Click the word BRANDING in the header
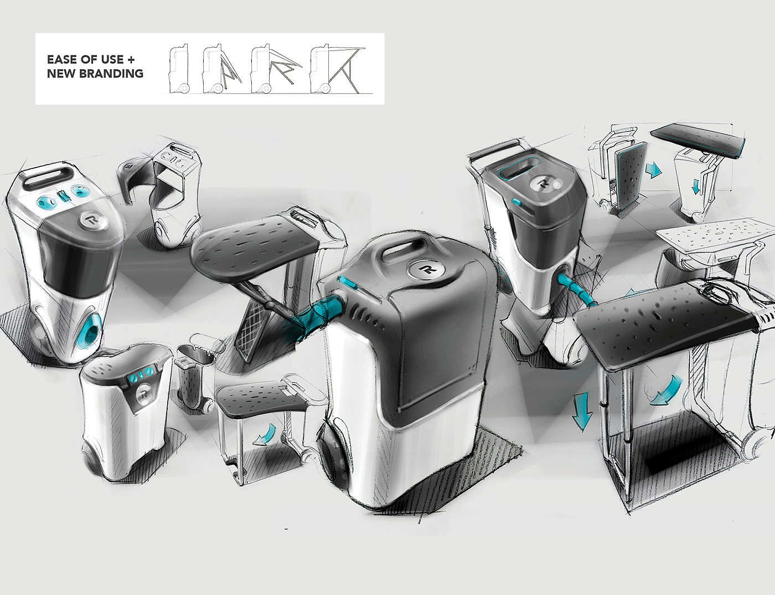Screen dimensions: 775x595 [x=111, y=74]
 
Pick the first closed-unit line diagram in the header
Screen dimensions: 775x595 [x=178, y=69]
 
